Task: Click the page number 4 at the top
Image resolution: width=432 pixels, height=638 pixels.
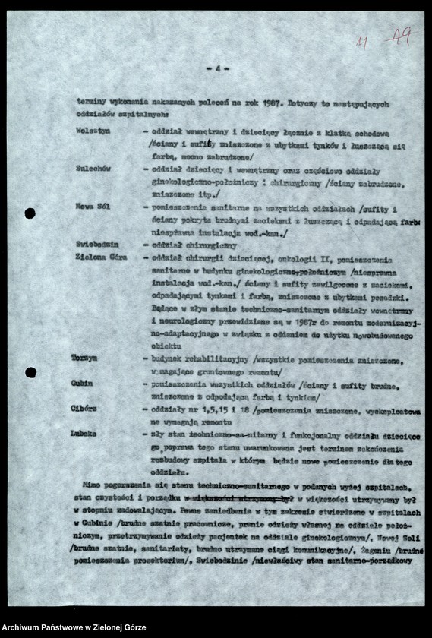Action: (x=217, y=68)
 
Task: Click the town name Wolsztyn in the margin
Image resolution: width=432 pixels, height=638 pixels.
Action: (x=93, y=131)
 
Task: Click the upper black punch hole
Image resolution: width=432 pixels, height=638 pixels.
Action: (x=30, y=213)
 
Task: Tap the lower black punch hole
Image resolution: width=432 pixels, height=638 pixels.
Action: (x=30, y=372)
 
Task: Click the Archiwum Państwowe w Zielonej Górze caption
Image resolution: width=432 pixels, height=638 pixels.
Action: (x=74, y=627)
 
